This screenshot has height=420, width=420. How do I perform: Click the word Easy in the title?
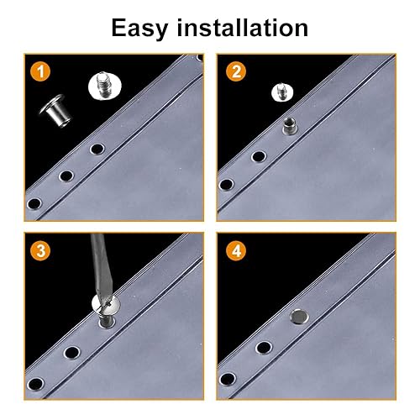tap(139, 29)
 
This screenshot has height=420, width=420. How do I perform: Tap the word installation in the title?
tap(243, 28)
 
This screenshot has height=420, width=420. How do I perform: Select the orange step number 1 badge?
tap(40, 71)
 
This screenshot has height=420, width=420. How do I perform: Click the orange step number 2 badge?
tap(236, 71)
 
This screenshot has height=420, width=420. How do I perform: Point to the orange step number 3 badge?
tap(40, 250)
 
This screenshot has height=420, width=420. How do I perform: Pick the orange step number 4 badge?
tap(236, 250)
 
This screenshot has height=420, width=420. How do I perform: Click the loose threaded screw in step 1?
tap(105, 86)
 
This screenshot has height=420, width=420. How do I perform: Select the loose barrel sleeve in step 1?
tap(55, 111)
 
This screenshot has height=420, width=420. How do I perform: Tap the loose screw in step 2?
tap(282, 92)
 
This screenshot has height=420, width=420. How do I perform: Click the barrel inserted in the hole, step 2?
tap(290, 126)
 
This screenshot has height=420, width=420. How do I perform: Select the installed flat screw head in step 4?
tap(299, 317)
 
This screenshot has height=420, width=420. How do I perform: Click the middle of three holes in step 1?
tap(66, 176)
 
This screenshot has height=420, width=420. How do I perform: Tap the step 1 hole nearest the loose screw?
tap(97, 149)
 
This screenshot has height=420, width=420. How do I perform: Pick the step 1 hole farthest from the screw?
tap(34, 203)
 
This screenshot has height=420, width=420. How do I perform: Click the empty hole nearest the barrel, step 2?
tap(259, 156)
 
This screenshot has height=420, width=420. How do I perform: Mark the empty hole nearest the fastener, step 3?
tap(72, 353)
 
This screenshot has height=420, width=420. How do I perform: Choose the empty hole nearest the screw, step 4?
tap(264, 348)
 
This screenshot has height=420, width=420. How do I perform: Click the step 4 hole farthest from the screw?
tap(228, 380)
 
